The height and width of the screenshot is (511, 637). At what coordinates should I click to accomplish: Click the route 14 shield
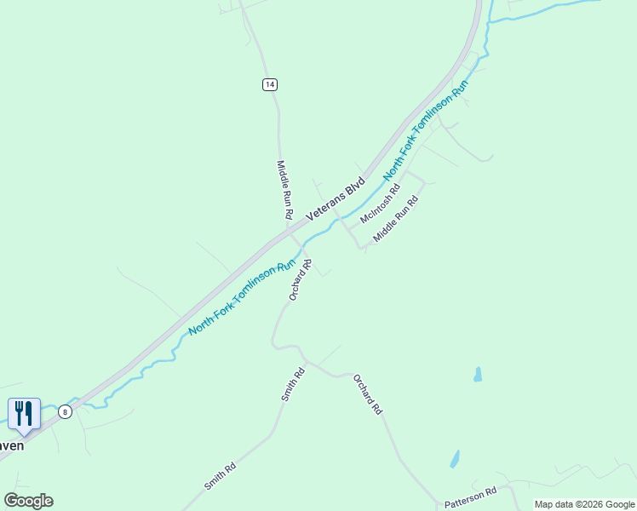(269, 83)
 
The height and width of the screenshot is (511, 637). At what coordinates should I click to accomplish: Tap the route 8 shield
(65, 412)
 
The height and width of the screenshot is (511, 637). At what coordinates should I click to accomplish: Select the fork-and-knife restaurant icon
(23, 414)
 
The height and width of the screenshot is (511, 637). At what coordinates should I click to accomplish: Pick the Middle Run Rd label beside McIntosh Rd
(397, 218)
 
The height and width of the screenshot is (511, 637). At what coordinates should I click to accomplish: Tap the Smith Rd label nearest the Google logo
(220, 477)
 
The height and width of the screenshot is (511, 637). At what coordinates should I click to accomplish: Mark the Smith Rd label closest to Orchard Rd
(293, 385)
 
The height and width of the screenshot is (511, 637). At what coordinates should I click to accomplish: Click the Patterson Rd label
(470, 497)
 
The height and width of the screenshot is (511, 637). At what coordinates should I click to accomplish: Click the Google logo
(28, 501)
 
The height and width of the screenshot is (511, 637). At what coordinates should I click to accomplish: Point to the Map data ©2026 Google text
(584, 504)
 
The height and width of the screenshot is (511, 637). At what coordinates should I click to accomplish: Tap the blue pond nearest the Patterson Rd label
(455, 459)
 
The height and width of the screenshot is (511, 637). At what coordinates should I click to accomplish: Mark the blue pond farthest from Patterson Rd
(478, 374)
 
